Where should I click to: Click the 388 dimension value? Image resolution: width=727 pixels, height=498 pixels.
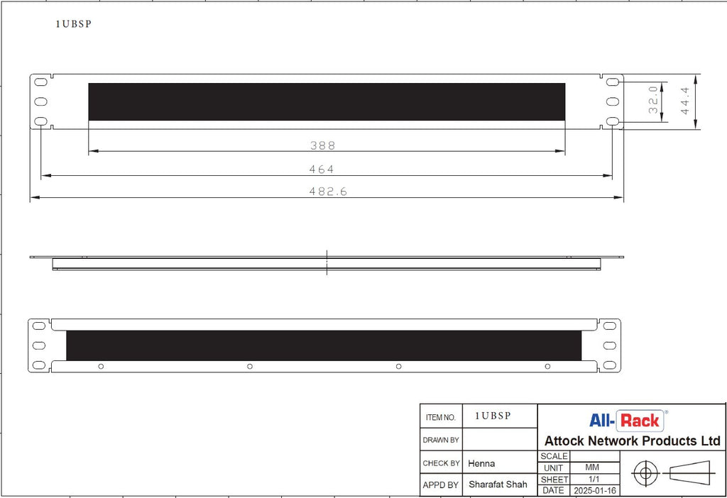322,145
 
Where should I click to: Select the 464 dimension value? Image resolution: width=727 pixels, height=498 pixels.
322,170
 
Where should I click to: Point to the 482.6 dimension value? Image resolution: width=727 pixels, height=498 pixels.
327,192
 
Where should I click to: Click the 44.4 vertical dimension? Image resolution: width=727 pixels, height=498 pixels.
684,102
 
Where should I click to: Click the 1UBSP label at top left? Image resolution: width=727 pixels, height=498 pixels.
74,23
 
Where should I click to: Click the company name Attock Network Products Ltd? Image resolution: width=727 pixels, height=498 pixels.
632,441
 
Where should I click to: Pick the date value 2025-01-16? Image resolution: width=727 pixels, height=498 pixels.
595,490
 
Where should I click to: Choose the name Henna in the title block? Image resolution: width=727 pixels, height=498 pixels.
481,463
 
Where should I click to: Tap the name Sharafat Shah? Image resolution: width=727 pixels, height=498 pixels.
498,485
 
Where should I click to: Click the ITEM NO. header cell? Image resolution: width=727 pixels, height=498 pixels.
440,418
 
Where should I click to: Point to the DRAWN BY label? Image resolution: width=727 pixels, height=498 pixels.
441,440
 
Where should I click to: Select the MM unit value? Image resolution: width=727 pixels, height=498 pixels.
591,468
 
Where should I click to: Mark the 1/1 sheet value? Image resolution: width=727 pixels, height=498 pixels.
591,480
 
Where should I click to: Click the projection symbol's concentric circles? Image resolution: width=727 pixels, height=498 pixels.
645,473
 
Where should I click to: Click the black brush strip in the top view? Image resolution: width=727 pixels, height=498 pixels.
327,101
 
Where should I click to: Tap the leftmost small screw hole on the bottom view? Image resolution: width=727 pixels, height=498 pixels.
101,366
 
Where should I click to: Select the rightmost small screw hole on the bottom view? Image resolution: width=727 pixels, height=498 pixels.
547,366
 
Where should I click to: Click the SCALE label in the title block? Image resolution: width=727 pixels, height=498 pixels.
554,457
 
